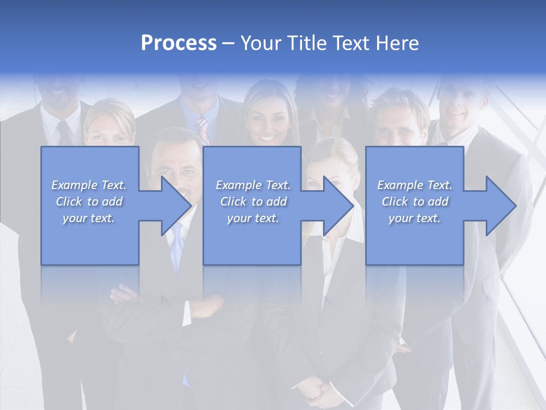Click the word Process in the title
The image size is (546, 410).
tap(179, 43)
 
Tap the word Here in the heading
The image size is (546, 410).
tap(397, 43)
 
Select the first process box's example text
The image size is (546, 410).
tap(89, 201)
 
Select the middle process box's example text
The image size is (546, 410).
tap(253, 201)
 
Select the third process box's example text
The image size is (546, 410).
tap(415, 201)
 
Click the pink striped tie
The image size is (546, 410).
tap(203, 130)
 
